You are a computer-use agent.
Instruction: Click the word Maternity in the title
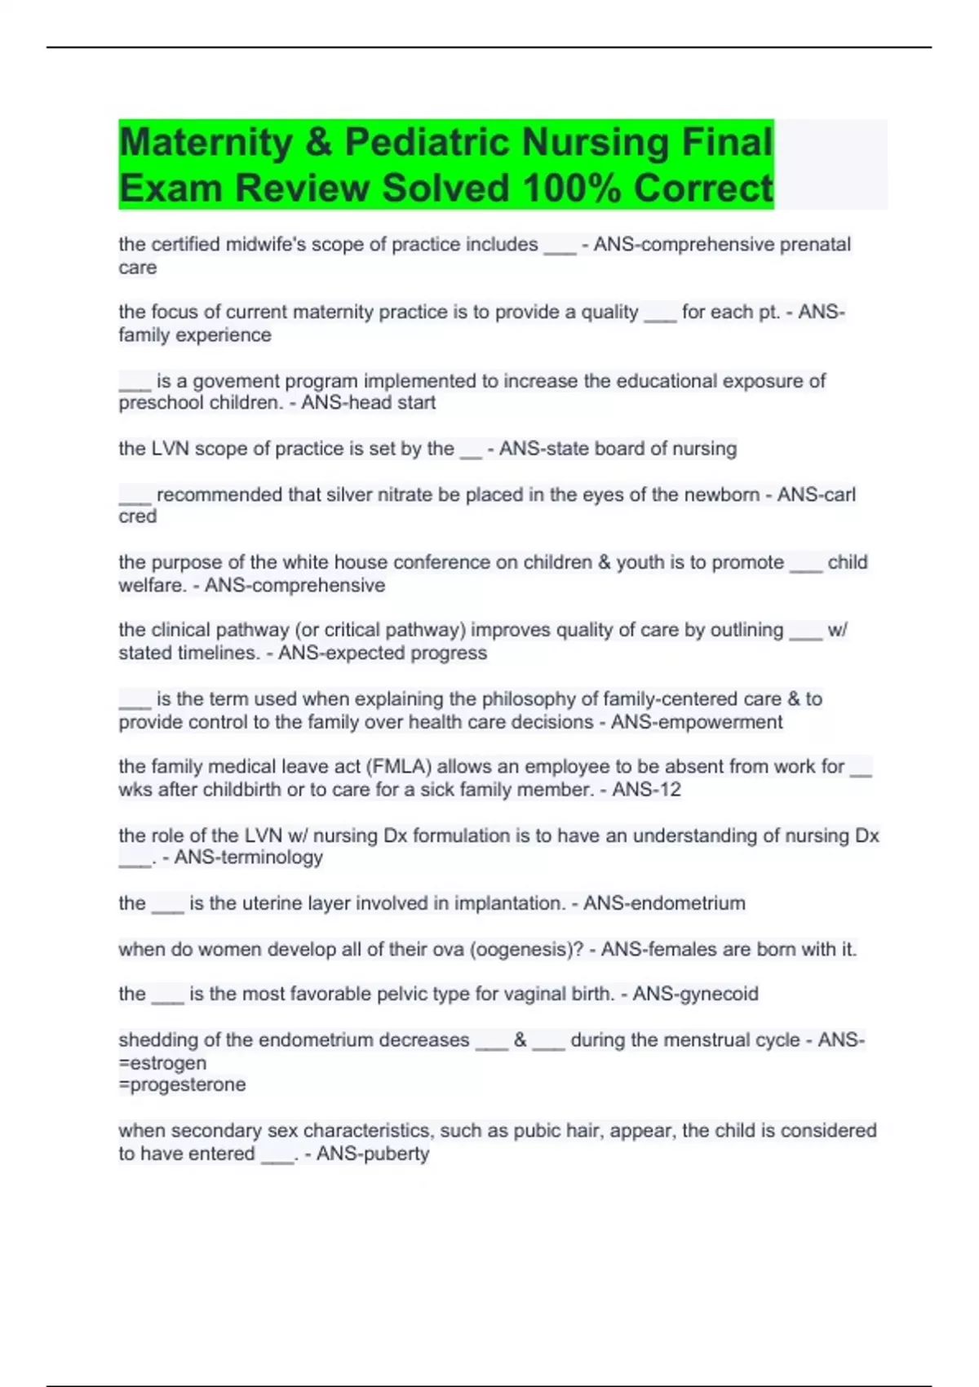click(x=206, y=143)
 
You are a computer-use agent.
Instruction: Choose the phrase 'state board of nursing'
click(x=618, y=449)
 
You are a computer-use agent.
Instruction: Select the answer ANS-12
click(x=646, y=790)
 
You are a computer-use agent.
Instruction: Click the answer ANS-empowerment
click(x=696, y=722)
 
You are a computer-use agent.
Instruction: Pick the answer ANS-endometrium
click(x=663, y=903)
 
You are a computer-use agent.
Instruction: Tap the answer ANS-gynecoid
click(x=695, y=994)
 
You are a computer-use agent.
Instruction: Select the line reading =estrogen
click(x=162, y=1063)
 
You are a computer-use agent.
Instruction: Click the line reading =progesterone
click(x=182, y=1085)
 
